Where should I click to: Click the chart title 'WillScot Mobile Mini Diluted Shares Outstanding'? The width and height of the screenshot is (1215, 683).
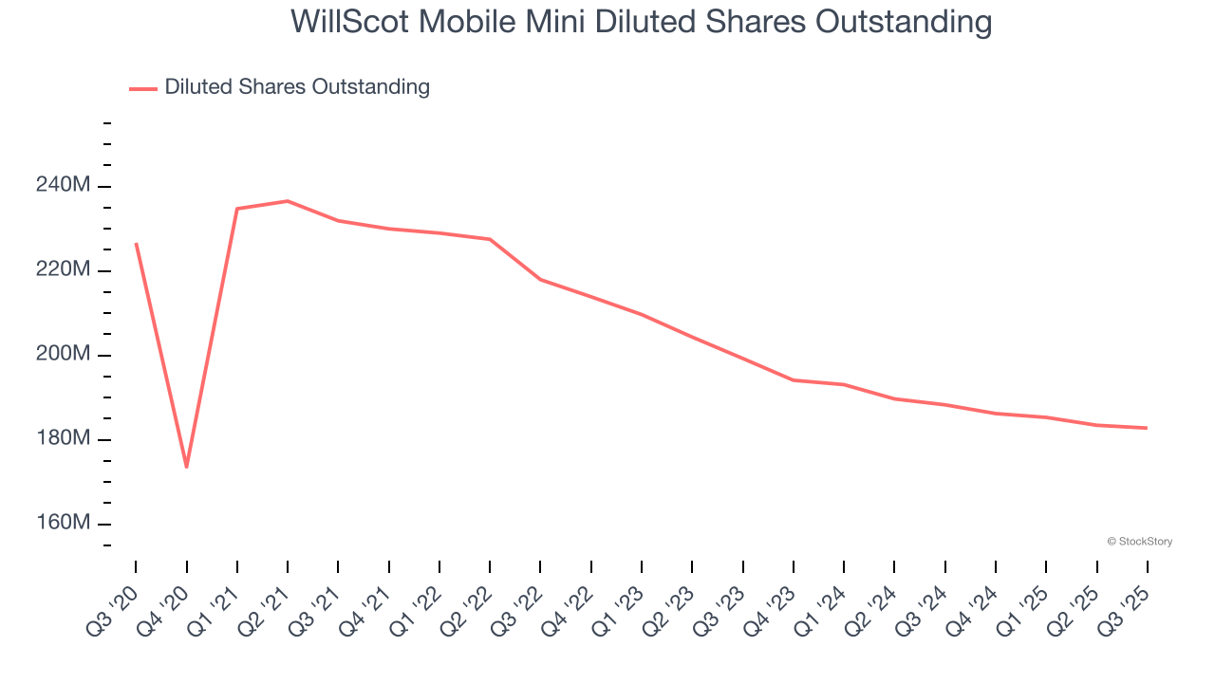pyautogui.click(x=641, y=21)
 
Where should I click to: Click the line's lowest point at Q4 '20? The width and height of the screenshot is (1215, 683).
pyautogui.click(x=186, y=467)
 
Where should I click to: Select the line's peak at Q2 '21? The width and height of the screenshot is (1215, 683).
pyautogui.click(x=288, y=201)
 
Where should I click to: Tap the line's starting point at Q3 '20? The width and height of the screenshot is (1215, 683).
pyautogui.click(x=136, y=244)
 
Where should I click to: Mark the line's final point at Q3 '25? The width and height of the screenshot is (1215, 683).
pyautogui.click(x=1147, y=428)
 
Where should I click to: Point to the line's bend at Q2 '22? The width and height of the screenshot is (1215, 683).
pyautogui.click(x=490, y=239)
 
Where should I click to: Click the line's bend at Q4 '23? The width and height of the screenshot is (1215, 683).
pyautogui.click(x=793, y=380)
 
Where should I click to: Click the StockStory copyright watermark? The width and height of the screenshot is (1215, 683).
pyautogui.click(x=1139, y=542)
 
